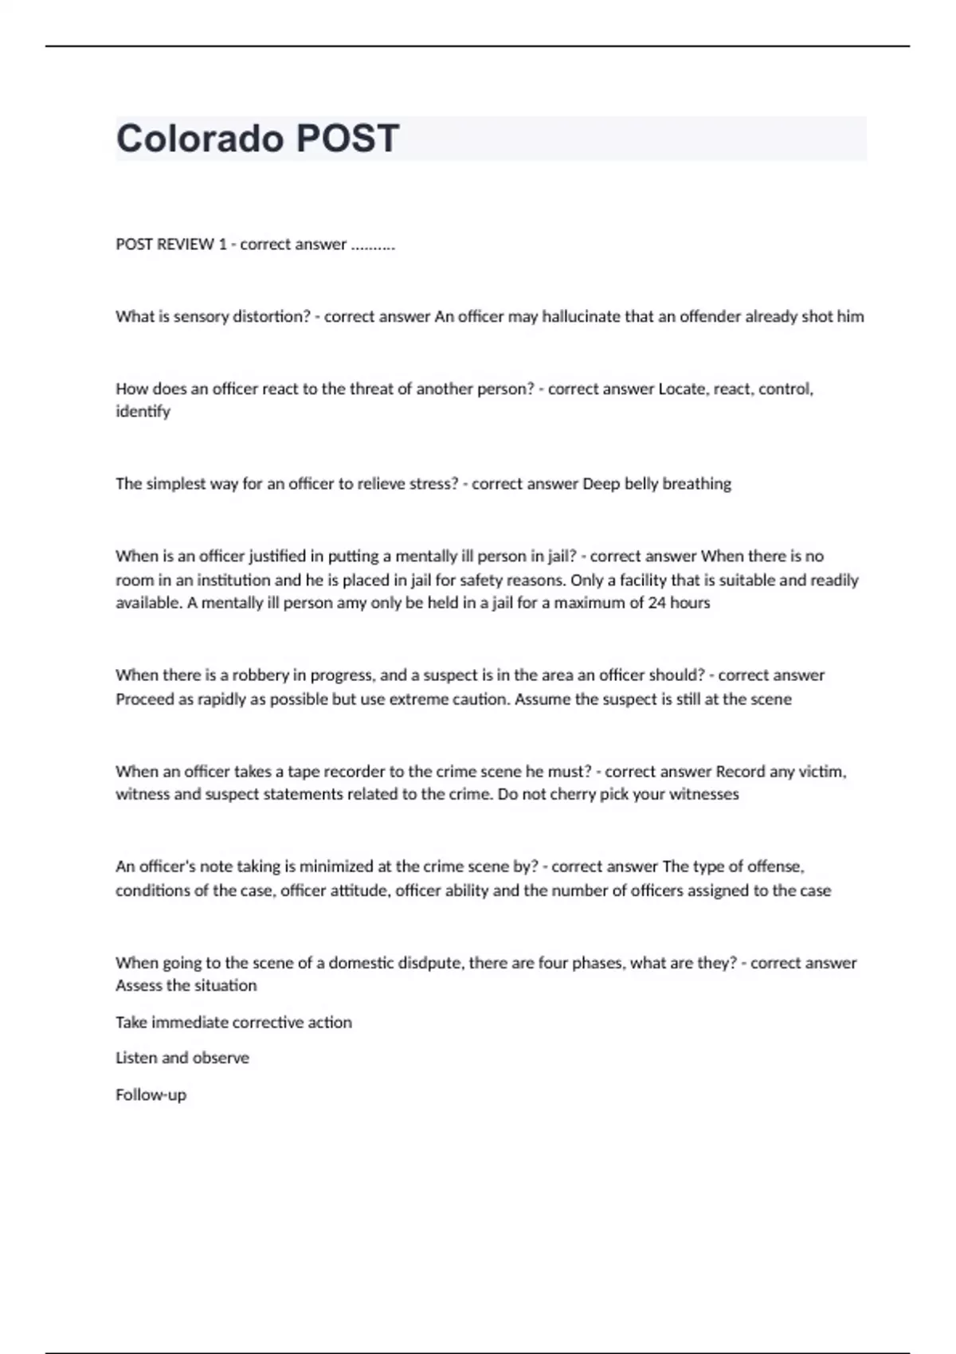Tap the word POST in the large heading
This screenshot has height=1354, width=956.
click(347, 139)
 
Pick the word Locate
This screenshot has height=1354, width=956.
click(683, 389)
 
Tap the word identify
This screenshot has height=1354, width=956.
click(143, 411)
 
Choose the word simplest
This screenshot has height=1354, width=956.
click(176, 483)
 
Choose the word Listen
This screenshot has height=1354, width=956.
click(136, 1058)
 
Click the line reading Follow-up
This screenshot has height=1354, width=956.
click(151, 1094)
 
